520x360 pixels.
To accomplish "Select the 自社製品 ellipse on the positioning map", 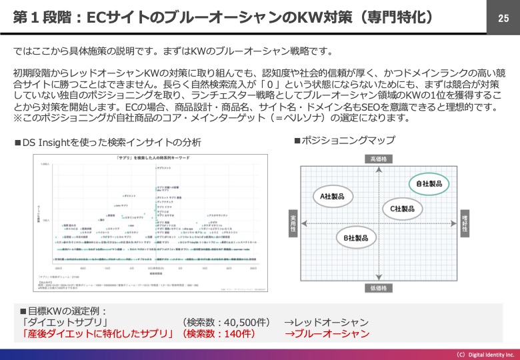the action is click(x=431, y=183).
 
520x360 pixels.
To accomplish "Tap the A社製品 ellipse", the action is click(x=333, y=196).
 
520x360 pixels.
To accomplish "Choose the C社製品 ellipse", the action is click(x=402, y=209).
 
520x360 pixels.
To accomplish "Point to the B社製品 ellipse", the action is click(x=355, y=238).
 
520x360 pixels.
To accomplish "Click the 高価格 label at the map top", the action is click(x=378, y=159).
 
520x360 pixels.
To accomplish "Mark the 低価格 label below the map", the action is click(x=378, y=288).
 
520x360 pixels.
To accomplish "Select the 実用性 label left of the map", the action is click(x=293, y=223).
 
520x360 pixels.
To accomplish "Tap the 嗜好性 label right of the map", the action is click(x=464, y=223).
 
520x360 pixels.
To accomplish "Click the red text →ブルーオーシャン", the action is click(x=327, y=333).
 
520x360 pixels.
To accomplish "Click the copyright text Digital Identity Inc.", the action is click(x=485, y=355).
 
